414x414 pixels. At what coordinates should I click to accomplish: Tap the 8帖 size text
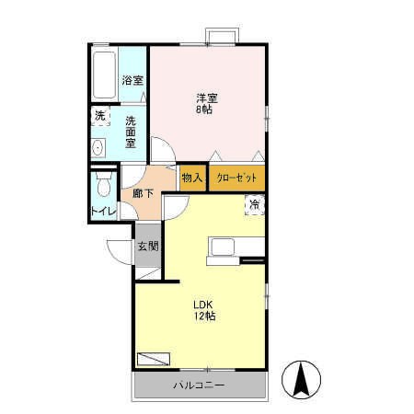tap(205, 109)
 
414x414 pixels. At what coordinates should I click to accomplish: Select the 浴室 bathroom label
tap(132, 80)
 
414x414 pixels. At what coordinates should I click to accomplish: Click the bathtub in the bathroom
tap(105, 75)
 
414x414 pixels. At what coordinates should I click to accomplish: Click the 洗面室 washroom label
tap(132, 130)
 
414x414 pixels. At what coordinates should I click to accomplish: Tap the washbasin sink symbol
tap(98, 147)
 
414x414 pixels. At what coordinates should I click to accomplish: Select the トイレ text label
tap(103, 213)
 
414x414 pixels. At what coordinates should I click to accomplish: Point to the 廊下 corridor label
tap(144, 193)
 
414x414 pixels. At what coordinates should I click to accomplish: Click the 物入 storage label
tap(191, 177)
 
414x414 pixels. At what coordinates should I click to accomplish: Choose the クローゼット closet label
tap(236, 177)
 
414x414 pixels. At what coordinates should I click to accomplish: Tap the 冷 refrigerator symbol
tap(254, 204)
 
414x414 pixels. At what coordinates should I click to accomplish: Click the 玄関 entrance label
tap(148, 246)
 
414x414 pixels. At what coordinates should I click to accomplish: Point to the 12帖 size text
tap(204, 316)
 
